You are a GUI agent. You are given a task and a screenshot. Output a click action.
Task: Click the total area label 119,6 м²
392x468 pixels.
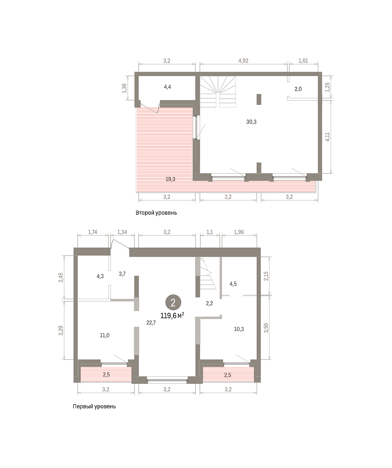[172, 316]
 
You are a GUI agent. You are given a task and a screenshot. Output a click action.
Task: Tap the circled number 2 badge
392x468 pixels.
[173, 303]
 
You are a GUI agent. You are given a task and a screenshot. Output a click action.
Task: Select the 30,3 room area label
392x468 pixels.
[251, 122]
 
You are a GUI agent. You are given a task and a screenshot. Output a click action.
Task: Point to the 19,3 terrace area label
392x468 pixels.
[170, 179]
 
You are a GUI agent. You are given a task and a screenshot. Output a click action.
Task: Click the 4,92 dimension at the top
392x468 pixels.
[243, 60]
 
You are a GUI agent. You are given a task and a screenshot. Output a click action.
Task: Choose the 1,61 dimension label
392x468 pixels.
[303, 60]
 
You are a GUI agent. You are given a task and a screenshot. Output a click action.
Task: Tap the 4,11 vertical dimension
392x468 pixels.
[327, 137]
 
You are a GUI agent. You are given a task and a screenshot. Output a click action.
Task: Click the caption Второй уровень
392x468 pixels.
[156, 213]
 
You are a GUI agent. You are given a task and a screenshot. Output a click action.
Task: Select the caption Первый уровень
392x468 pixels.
[94, 406]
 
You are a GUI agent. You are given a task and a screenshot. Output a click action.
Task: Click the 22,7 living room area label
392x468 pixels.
[151, 323]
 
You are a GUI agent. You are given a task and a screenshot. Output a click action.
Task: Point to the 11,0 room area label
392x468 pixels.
[105, 335]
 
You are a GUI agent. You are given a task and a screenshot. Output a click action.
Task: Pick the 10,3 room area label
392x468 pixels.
[239, 329]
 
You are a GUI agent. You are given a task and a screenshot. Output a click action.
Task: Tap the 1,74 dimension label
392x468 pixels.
[92, 232]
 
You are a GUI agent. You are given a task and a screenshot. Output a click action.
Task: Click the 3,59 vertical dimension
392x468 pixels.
[266, 328]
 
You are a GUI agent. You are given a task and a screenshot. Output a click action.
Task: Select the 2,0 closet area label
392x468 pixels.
[298, 89]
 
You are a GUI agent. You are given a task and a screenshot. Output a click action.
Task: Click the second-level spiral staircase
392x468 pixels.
[218, 92]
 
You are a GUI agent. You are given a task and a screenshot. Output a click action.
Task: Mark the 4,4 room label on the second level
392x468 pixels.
[167, 87]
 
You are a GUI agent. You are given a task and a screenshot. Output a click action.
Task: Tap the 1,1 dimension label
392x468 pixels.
[209, 232]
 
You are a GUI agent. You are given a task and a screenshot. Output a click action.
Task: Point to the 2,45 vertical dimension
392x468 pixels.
[61, 277]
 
